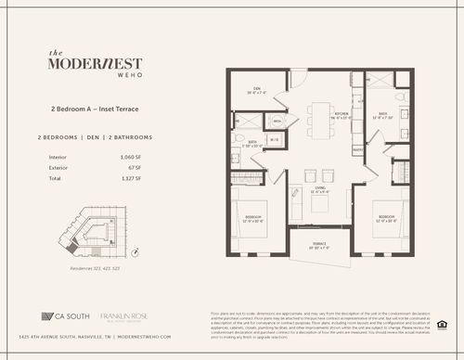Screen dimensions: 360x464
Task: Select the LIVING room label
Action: (320, 188)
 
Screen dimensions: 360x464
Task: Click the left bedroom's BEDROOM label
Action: (253, 217)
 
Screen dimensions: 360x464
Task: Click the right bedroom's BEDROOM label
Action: (388, 217)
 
